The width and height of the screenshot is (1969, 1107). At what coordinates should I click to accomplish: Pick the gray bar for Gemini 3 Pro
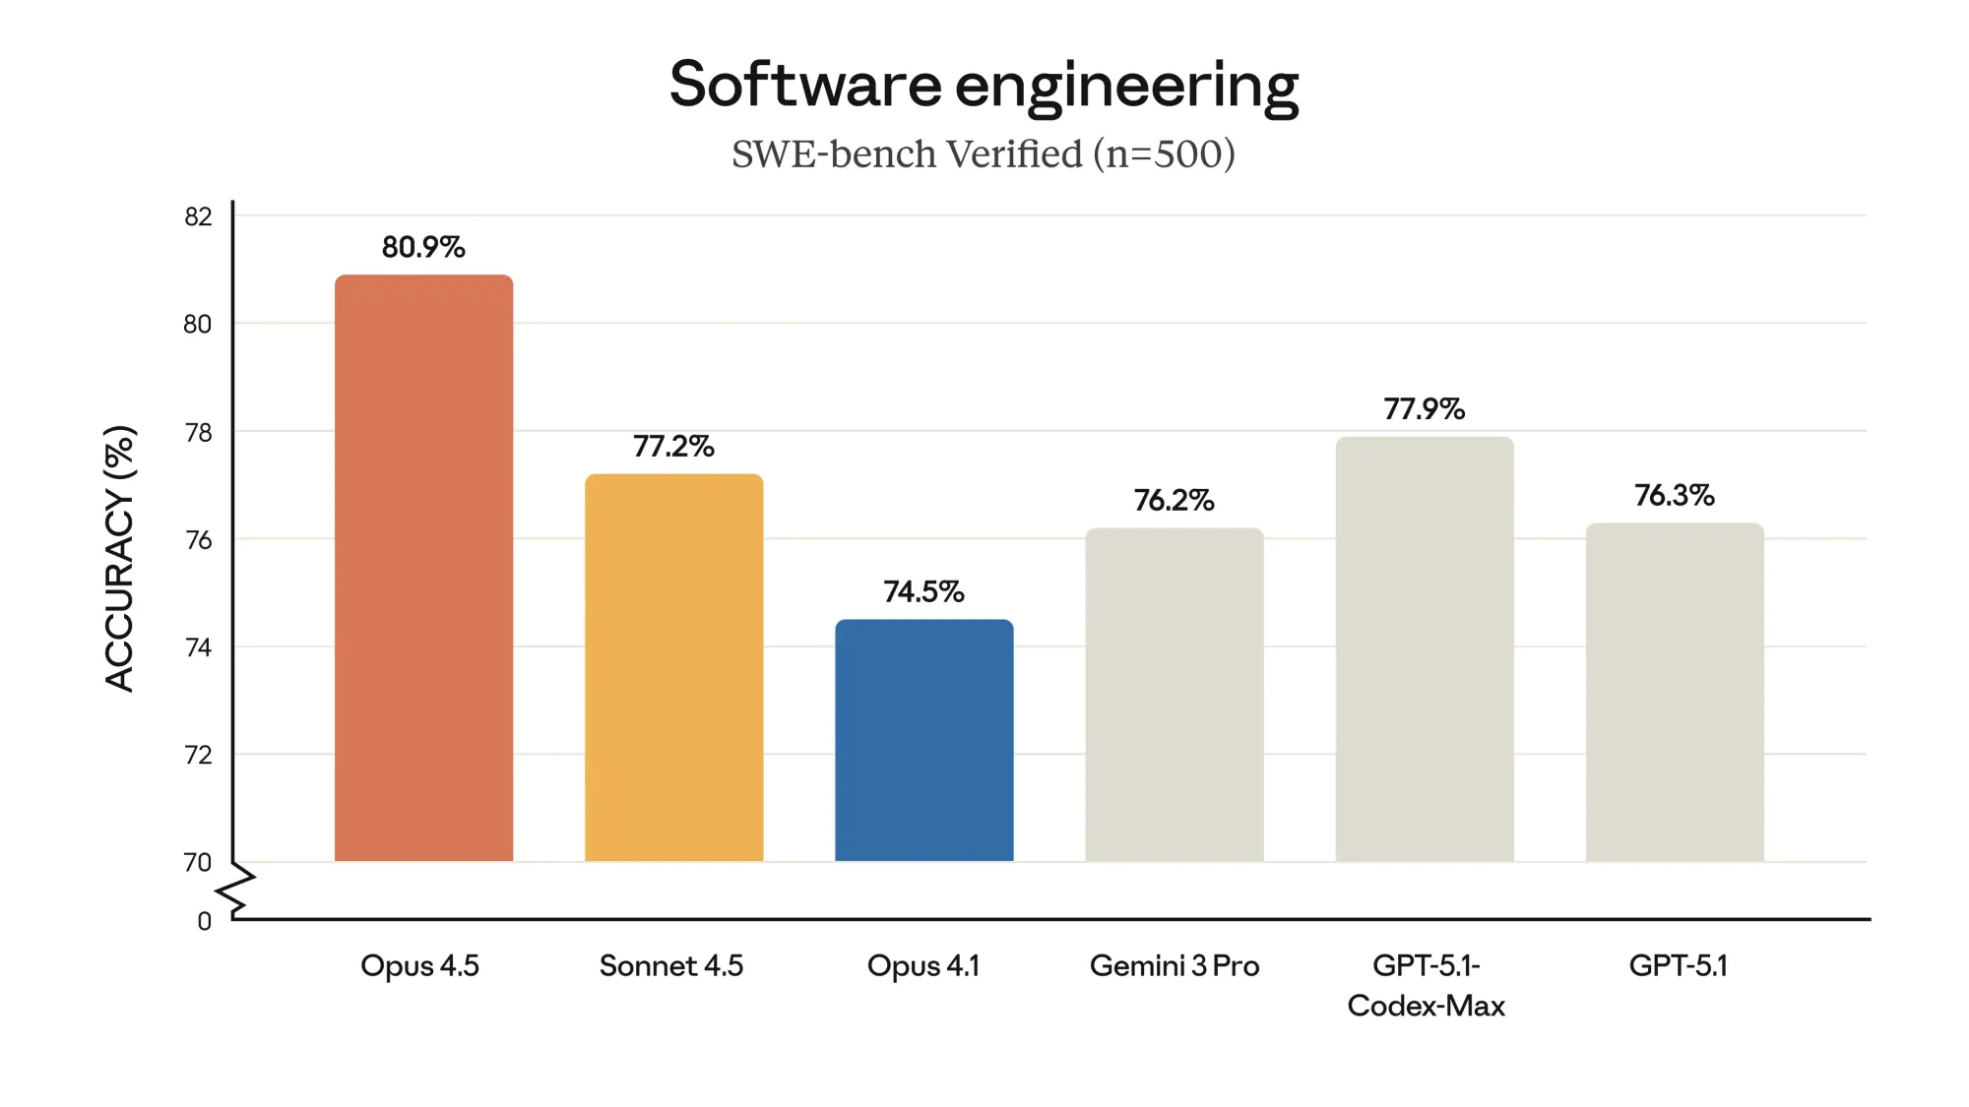[1174, 695]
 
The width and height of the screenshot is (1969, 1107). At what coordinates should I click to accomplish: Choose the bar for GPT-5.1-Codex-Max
[1424, 649]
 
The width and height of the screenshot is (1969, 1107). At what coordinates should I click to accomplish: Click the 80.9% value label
[423, 247]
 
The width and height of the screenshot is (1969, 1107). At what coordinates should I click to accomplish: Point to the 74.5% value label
[923, 591]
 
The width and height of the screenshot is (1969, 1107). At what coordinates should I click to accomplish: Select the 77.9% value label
[1424, 408]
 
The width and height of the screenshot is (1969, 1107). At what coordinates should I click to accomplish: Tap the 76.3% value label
[1674, 495]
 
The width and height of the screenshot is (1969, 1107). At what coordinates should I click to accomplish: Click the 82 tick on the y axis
[198, 216]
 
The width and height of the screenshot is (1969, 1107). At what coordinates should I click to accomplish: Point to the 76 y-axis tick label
[198, 540]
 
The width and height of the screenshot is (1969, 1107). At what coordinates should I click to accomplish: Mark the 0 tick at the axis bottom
[204, 921]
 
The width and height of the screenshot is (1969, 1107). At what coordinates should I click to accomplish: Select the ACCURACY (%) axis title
[119, 558]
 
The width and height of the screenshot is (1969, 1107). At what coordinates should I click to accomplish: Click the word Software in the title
[804, 85]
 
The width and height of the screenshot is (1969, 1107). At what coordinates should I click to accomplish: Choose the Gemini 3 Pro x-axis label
[1174, 965]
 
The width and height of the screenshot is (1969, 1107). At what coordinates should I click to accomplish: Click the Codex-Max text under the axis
[1426, 1006]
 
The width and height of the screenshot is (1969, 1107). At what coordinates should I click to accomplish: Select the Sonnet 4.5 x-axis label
[671, 965]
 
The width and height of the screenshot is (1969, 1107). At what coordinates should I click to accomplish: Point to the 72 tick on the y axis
[198, 755]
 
